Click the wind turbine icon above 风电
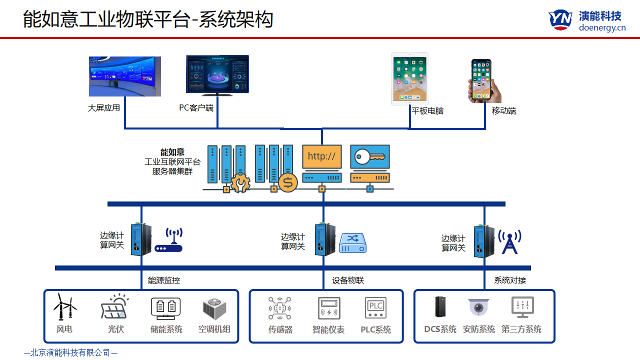click(65, 306)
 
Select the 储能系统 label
click(166, 329)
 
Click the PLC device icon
click(375, 308)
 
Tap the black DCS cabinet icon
click(440, 307)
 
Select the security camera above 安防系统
click(478, 307)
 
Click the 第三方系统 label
click(521, 329)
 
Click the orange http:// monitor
click(321, 156)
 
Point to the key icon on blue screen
click(370, 156)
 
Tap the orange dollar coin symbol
click(287, 183)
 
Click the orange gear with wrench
click(240, 183)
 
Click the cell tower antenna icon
click(509, 241)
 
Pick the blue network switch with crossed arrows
click(353, 242)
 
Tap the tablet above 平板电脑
click(409, 78)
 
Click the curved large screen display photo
click(125, 76)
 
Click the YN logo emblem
click(560, 20)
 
